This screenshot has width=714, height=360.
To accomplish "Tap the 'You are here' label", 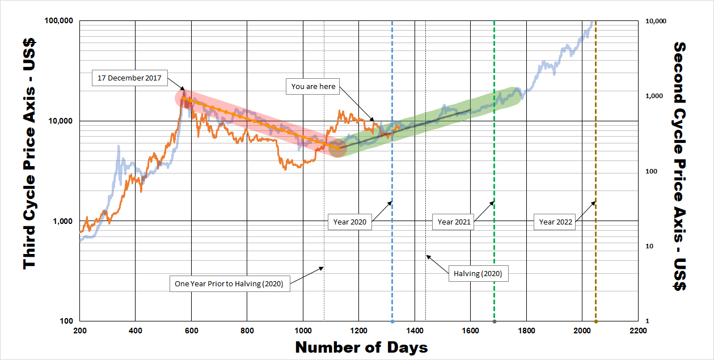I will pyautogui.click(x=314, y=87).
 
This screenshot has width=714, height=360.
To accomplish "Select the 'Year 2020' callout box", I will pyautogui.click(x=350, y=222).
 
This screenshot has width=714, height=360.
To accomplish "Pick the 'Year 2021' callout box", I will pyautogui.click(x=454, y=222).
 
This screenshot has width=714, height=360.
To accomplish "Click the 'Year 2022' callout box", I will pyautogui.click(x=556, y=222).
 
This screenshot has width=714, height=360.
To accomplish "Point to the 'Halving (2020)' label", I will pyautogui.click(x=478, y=274).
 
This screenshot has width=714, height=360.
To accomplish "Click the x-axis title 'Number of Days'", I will pyautogui.click(x=361, y=347).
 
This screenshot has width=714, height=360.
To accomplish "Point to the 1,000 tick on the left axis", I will pyautogui.click(x=64, y=221).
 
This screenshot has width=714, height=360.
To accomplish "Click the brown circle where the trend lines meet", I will pyautogui.click(x=337, y=148).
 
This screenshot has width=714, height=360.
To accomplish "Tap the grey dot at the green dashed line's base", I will pyautogui.click(x=495, y=321).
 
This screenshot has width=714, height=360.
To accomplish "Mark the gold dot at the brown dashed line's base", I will pyautogui.click(x=595, y=321).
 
